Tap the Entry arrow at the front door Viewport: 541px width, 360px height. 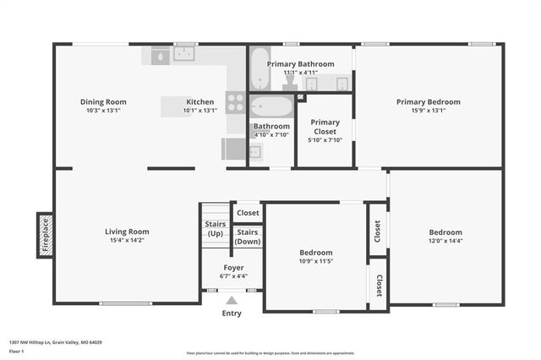tap(231, 299)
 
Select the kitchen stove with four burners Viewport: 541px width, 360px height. tap(236, 102)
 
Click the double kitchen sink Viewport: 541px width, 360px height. tap(184, 54)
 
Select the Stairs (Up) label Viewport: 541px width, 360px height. tap(216, 228)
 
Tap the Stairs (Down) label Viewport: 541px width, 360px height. tap(247, 237)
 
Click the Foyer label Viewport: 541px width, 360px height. tap(233, 267)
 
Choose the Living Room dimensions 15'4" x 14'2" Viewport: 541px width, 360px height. tap(127, 241)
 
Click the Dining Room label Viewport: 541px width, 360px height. tap(103, 101)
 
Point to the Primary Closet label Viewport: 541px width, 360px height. tap(325, 127)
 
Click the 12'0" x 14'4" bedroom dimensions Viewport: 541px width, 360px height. tap(445, 241)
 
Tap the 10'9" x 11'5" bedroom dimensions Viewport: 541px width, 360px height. tap(316, 261)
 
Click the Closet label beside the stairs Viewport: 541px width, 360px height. tap(248, 213)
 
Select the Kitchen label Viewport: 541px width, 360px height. tap(200, 101)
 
